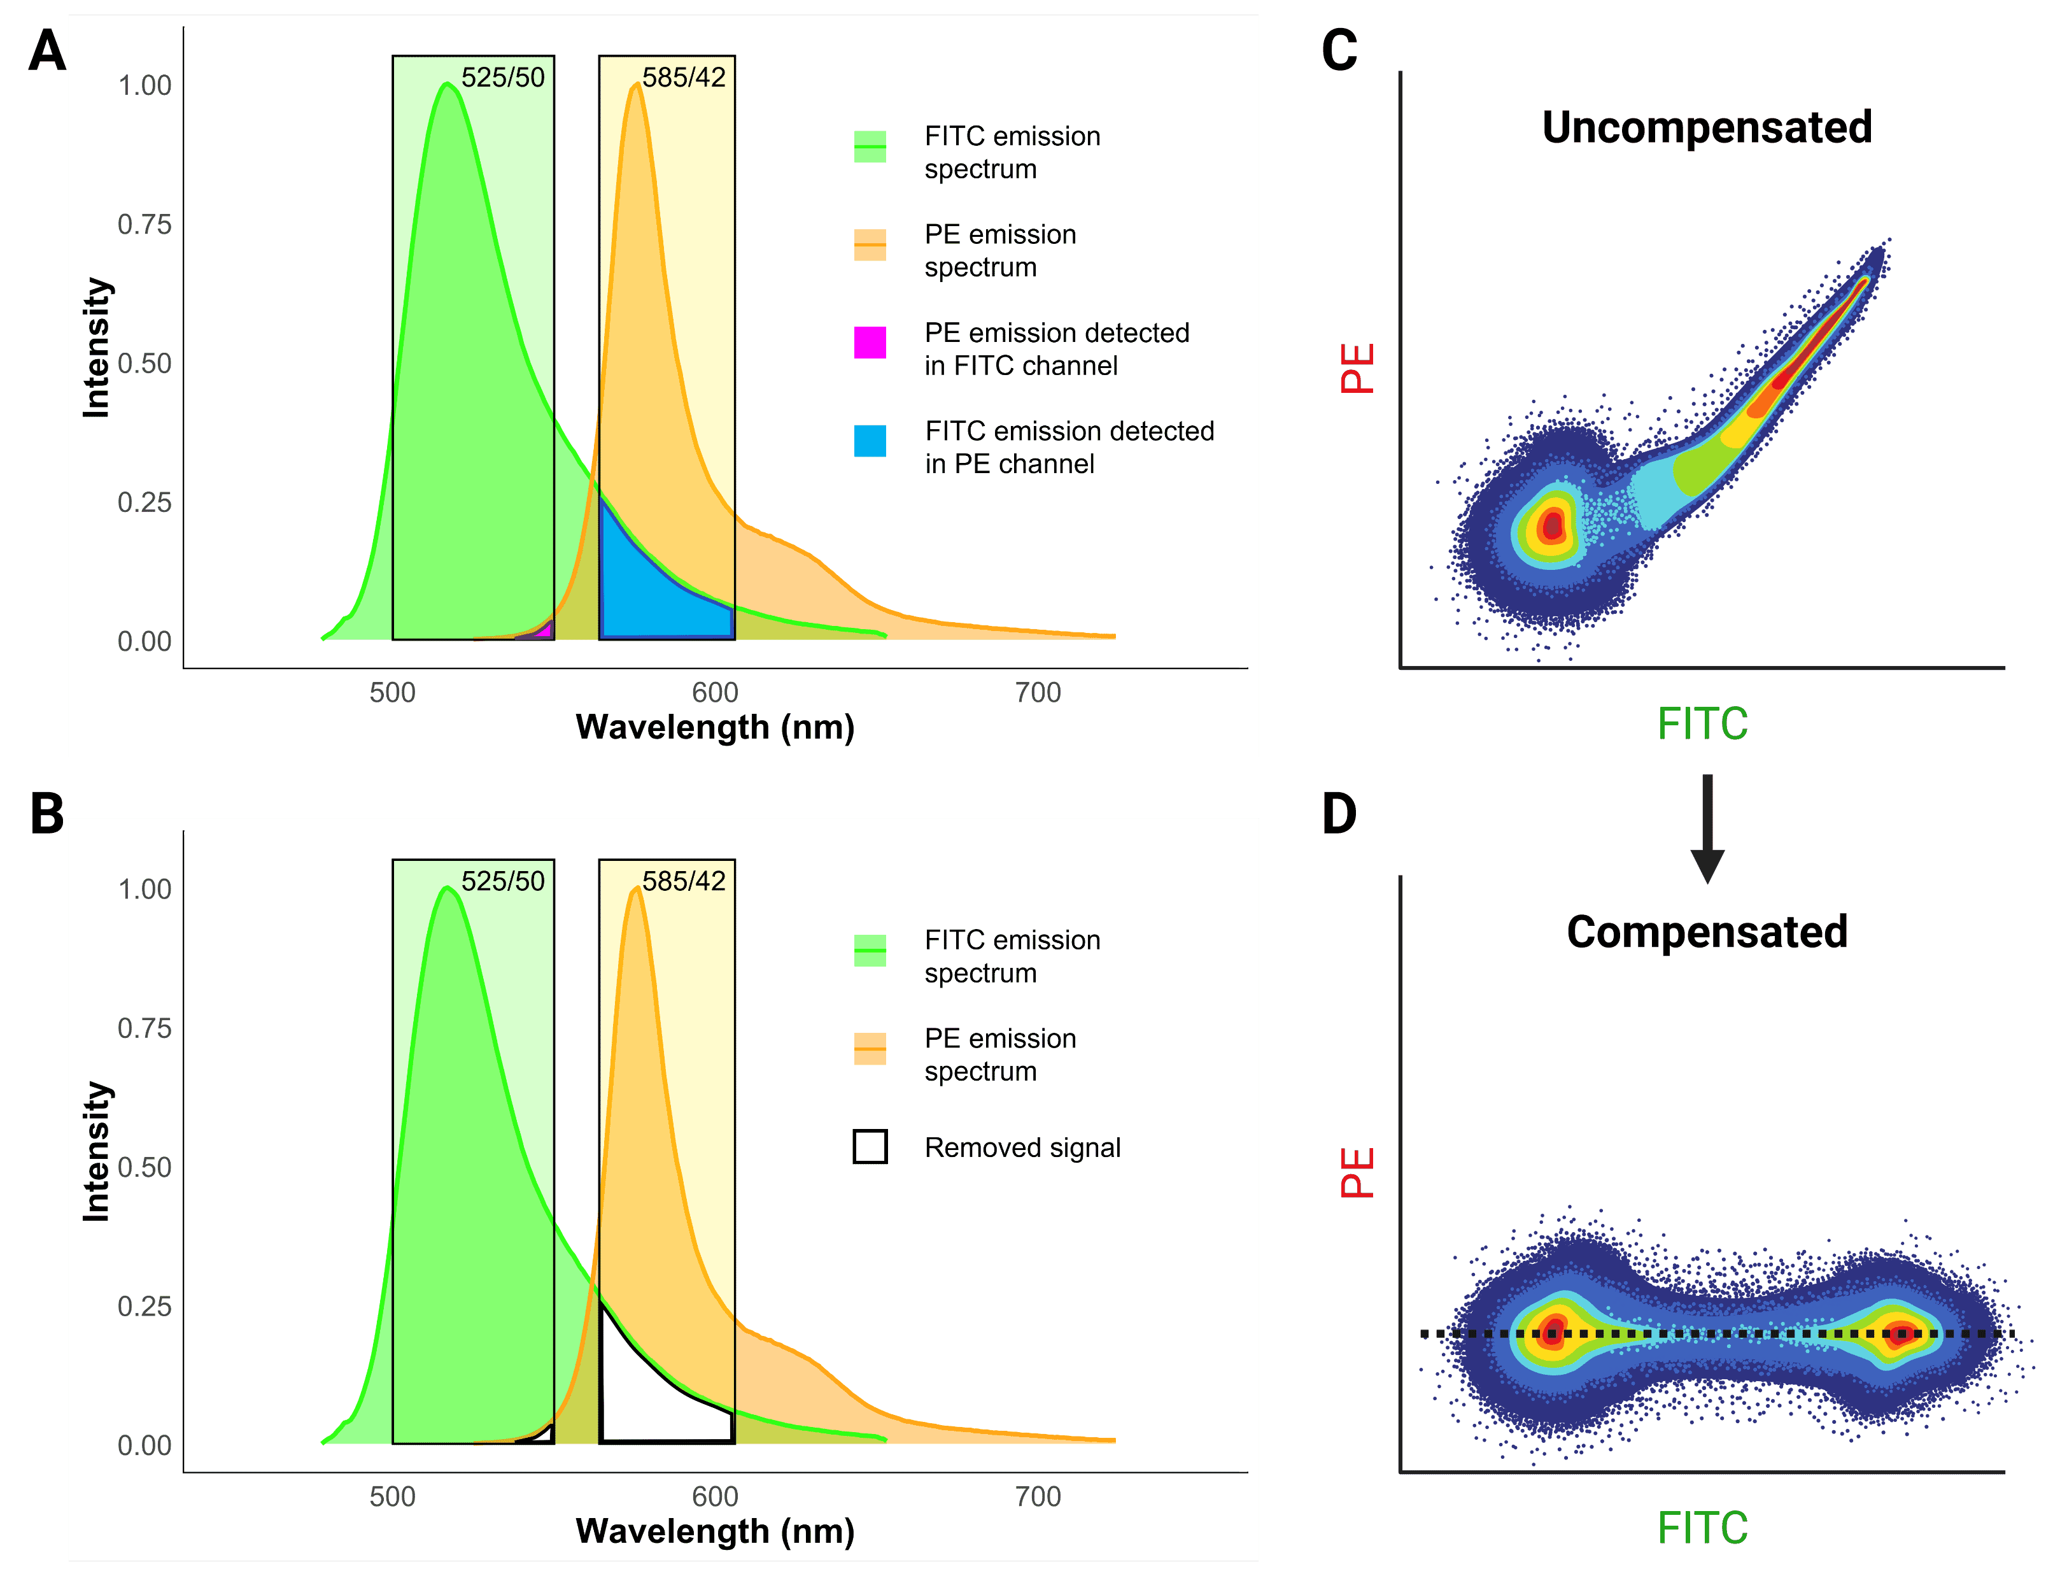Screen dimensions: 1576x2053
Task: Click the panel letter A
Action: point(47,51)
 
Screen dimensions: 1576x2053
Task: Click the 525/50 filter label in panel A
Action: point(503,77)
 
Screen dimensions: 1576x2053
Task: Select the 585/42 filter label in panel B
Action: point(684,881)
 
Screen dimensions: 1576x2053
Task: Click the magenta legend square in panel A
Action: point(870,343)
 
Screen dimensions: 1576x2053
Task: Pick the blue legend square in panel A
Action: point(870,441)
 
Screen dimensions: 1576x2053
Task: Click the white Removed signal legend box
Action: point(870,1146)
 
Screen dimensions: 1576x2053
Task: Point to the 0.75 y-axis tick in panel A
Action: point(145,224)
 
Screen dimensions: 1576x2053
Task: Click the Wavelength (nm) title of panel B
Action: point(715,1531)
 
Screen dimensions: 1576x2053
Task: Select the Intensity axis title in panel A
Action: point(97,347)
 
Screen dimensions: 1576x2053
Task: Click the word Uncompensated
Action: point(1706,127)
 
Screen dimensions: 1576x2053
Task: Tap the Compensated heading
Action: point(1706,932)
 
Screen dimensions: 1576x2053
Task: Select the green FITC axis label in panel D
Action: point(1702,1527)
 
